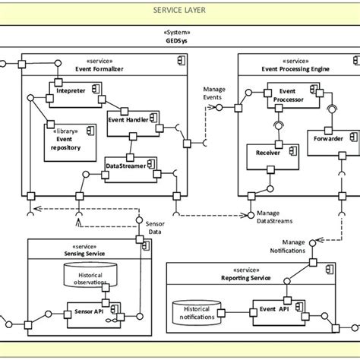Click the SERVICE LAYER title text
point(180,12)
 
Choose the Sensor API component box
point(92,311)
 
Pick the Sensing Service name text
point(84,254)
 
